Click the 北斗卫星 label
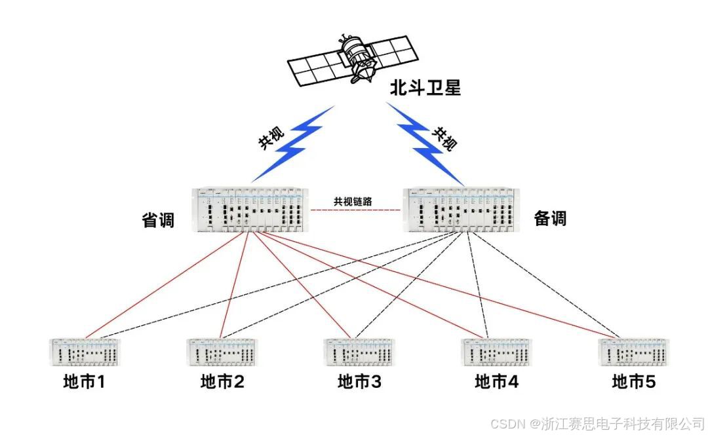(x=425, y=88)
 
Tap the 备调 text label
(x=550, y=218)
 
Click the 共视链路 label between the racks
(x=353, y=201)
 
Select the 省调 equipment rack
(x=250, y=210)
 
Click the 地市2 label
(x=222, y=382)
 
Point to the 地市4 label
(x=497, y=382)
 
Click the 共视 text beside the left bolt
(x=271, y=139)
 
